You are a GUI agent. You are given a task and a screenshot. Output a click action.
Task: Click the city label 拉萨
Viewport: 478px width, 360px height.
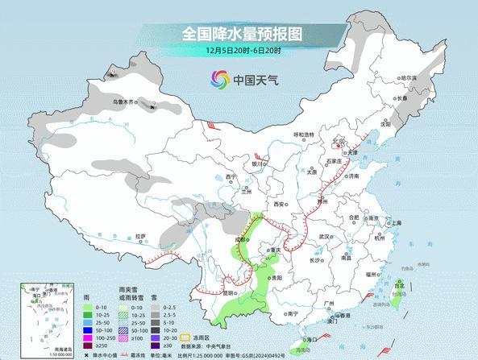(x=141, y=236)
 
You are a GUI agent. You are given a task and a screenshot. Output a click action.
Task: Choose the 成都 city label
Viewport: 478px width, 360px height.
(x=240, y=239)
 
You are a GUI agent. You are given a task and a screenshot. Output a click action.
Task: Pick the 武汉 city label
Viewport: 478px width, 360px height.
(x=325, y=236)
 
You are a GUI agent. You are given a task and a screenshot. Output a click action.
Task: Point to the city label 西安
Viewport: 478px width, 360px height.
(x=279, y=205)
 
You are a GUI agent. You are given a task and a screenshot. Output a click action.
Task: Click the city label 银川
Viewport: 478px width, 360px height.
(x=258, y=163)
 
